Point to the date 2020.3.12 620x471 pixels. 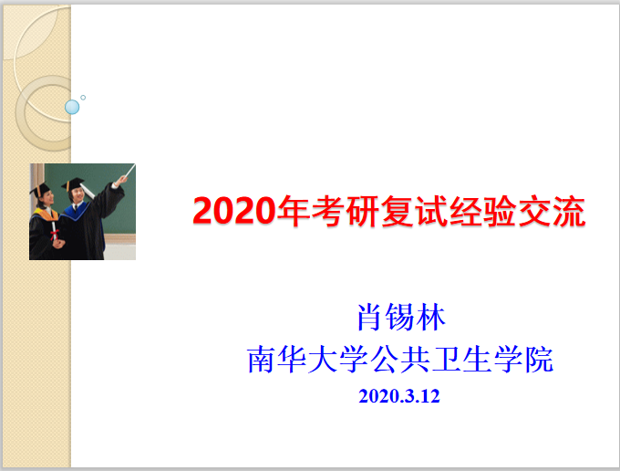pyautogui.click(x=399, y=397)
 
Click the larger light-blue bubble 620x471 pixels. pyautogui.click(x=72, y=107)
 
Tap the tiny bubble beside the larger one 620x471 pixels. pyautogui.click(x=83, y=98)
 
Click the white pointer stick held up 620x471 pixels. pyautogui.click(x=129, y=172)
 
